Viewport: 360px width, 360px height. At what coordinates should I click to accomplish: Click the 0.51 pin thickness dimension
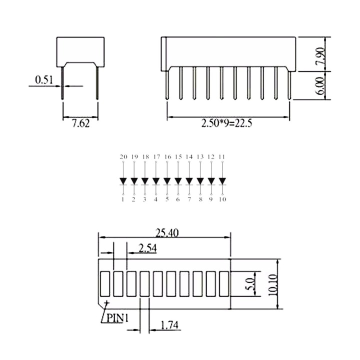(x=44, y=80)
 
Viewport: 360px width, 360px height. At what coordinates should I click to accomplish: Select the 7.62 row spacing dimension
(x=81, y=123)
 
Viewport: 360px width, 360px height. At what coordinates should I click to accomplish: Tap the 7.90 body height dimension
(x=320, y=56)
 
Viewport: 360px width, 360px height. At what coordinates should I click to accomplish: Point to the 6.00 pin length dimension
(x=320, y=86)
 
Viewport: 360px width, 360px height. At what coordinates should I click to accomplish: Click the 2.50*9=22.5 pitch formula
(x=226, y=123)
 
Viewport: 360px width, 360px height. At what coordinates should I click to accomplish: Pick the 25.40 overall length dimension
(x=167, y=233)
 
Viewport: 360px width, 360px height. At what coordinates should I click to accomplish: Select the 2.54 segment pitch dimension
(x=147, y=248)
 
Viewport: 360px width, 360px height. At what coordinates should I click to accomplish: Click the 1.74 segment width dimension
(x=169, y=325)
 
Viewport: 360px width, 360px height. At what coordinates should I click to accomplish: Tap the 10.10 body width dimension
(x=273, y=284)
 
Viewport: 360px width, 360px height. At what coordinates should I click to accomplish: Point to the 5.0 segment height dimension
(x=250, y=283)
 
